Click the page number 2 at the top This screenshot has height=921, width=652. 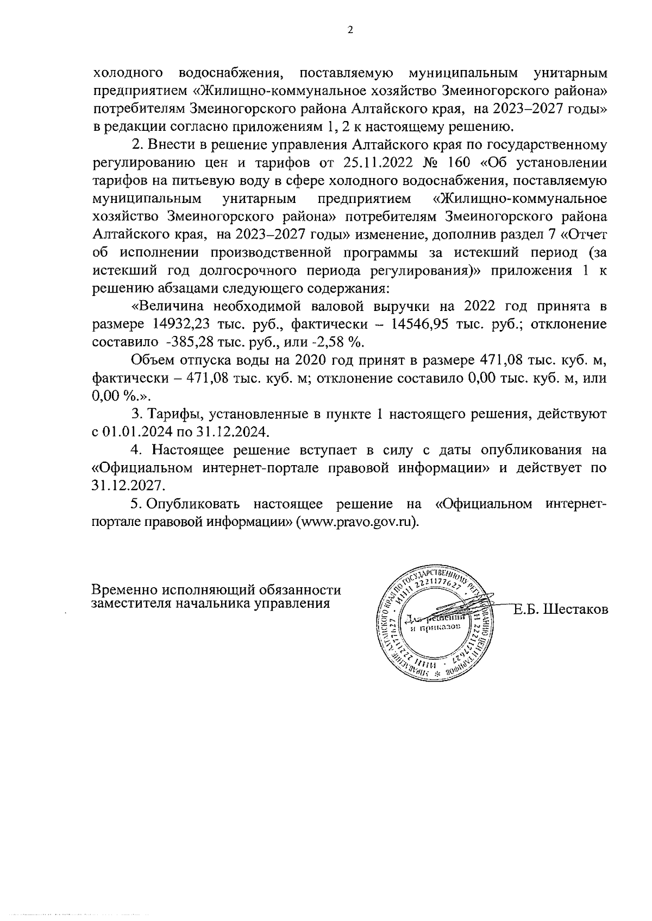click(350, 30)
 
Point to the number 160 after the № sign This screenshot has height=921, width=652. click(450, 163)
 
